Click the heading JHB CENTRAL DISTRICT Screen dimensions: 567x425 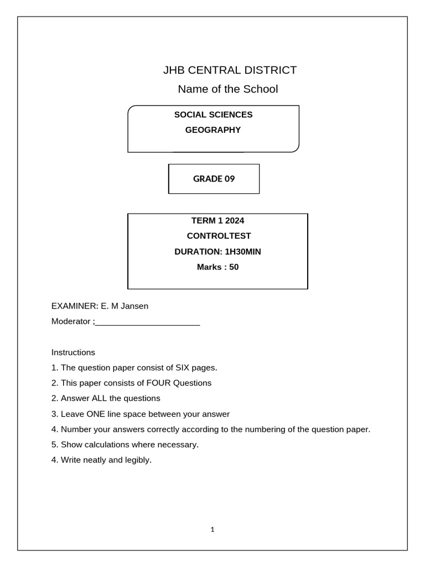click(x=229, y=70)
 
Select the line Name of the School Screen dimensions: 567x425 click(x=227, y=89)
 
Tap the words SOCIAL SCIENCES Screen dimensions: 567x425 click(x=213, y=115)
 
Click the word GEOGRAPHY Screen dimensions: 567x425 click(x=213, y=130)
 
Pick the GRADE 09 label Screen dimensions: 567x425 click(x=213, y=179)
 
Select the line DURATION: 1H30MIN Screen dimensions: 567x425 click(x=217, y=251)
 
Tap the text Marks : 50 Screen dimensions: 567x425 click(x=218, y=267)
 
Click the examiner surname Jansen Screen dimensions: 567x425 click(x=136, y=306)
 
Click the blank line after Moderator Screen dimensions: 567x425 click(x=147, y=322)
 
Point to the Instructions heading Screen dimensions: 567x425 click(x=73, y=352)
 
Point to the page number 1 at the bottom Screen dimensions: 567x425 click(x=212, y=529)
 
